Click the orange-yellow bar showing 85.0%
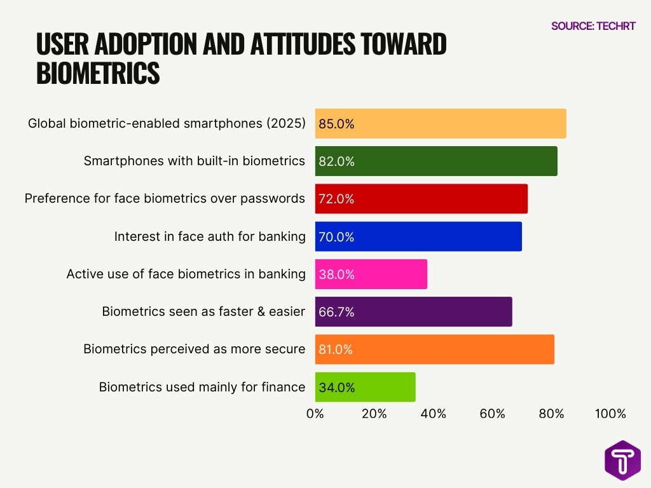click(x=441, y=124)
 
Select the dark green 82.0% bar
click(x=436, y=161)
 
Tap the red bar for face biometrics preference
click(x=421, y=199)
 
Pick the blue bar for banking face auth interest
click(x=418, y=236)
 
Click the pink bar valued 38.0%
click(x=371, y=274)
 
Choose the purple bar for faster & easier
click(x=413, y=312)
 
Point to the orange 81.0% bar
click(x=435, y=349)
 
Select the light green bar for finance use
click(x=366, y=387)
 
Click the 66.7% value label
click(x=337, y=312)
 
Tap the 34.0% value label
click(x=337, y=387)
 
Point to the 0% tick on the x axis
click(x=315, y=414)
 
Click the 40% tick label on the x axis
click(x=434, y=414)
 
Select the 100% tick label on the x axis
click(x=610, y=414)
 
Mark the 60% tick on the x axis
click(x=493, y=414)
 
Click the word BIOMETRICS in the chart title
click(x=99, y=72)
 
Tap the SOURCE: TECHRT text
click(x=593, y=26)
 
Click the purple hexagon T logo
click(x=622, y=460)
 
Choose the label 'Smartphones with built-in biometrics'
click(x=195, y=161)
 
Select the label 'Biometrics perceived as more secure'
click(x=195, y=349)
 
